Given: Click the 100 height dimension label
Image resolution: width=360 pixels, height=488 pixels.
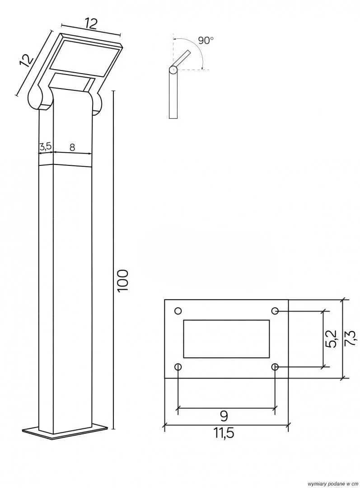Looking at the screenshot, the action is click(x=123, y=280).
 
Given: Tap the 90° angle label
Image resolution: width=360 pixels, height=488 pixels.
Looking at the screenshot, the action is click(x=206, y=40).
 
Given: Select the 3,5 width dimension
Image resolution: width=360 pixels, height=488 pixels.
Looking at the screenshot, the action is click(x=46, y=146).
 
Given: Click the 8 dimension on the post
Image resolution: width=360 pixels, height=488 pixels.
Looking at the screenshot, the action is click(x=72, y=147).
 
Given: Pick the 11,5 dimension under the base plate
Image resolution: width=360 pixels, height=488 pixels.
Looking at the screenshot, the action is click(x=224, y=432).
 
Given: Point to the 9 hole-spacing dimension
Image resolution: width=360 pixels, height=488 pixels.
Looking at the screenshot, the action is click(x=224, y=415).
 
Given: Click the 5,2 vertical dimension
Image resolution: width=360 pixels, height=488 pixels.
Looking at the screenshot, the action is click(x=332, y=338).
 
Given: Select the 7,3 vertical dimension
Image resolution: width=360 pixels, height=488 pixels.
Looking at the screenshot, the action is click(x=350, y=338).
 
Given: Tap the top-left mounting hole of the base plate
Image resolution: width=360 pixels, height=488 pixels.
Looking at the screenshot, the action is click(x=178, y=310).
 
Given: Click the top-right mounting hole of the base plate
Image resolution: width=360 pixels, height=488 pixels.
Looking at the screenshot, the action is click(x=275, y=310).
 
